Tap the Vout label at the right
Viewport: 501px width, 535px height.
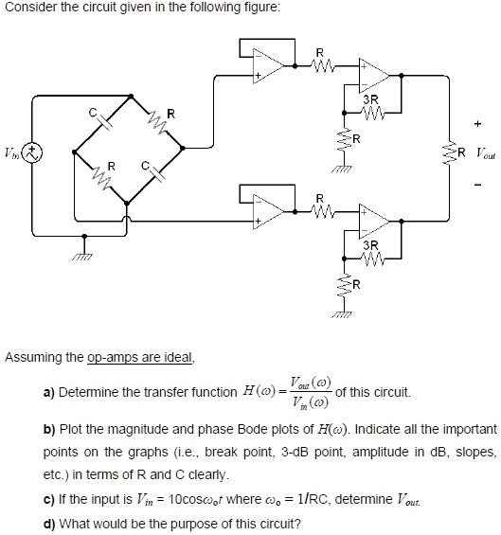[x=484, y=151]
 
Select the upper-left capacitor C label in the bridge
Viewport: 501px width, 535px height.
[x=92, y=112]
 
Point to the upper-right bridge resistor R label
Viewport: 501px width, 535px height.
[x=170, y=115]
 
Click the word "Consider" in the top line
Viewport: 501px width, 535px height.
[x=29, y=9]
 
